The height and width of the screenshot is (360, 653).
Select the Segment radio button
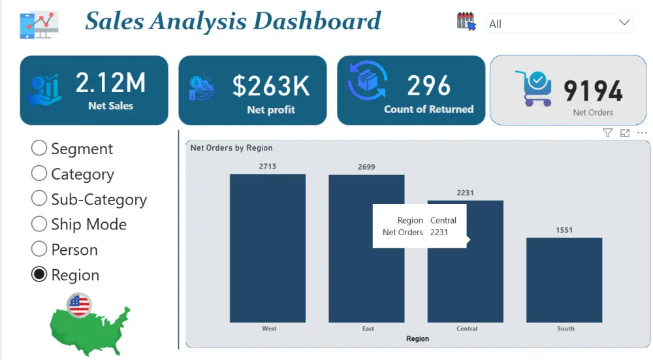click(x=39, y=148)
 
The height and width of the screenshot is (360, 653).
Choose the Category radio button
click(x=39, y=174)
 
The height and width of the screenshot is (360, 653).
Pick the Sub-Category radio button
click(x=39, y=199)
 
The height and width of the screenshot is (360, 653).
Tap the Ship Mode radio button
click(x=39, y=224)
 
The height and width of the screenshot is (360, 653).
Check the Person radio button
click(x=39, y=250)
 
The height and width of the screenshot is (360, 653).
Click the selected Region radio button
click(x=39, y=274)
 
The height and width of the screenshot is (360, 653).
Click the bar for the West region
click(x=268, y=248)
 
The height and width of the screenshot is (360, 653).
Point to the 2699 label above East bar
click(x=366, y=167)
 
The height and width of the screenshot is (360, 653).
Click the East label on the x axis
click(x=368, y=329)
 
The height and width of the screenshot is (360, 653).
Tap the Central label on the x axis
click(x=467, y=329)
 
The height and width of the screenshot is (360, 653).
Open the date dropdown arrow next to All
click(x=623, y=23)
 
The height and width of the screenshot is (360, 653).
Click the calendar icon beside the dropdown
click(x=466, y=22)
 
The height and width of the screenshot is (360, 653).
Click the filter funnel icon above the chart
click(x=607, y=133)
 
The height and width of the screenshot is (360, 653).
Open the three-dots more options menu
click(x=642, y=133)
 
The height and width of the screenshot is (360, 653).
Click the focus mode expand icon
click(x=625, y=133)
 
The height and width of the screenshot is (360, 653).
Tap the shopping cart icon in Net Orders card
click(x=534, y=88)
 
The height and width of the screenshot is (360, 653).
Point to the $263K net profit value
click(x=271, y=86)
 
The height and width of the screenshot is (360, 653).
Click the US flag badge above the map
click(x=79, y=304)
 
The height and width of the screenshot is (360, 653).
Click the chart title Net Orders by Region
click(x=231, y=148)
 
